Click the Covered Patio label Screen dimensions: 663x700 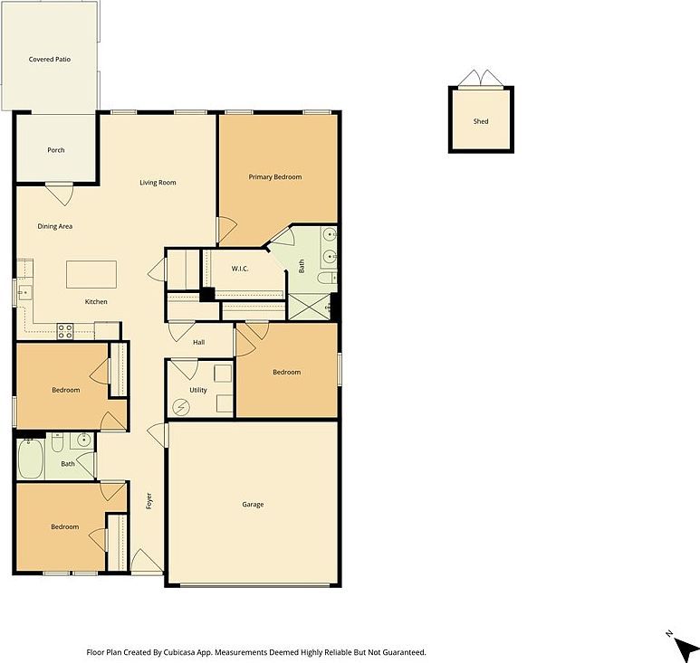coord(50,60)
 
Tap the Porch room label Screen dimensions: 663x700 coord(56,150)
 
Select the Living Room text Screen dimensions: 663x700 coord(158,183)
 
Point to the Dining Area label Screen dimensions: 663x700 coord(54,226)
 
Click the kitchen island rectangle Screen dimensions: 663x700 coord(91,274)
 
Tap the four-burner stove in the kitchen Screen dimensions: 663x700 coord(65,331)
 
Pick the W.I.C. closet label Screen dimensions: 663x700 coord(240,268)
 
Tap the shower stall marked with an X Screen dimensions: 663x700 coord(310,308)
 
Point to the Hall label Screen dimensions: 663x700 coord(199,342)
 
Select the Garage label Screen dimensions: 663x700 coord(253,505)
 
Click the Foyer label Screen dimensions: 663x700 coord(149,500)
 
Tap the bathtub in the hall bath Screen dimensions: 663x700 coord(30,460)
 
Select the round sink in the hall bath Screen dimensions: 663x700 coord(83,441)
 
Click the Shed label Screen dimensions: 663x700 coord(481,121)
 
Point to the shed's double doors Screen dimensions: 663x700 coord(480,80)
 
